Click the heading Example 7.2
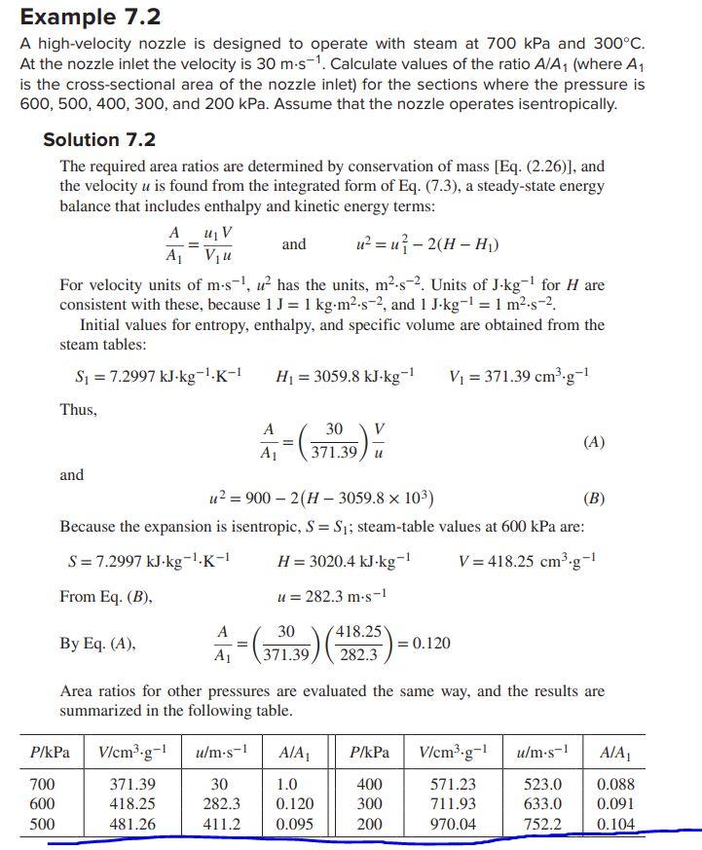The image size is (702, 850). (91, 17)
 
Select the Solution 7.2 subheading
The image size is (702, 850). (98, 140)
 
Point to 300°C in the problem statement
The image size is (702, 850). (618, 44)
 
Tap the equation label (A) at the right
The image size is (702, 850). (593, 441)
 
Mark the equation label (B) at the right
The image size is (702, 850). (593, 499)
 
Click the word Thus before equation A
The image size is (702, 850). (79, 410)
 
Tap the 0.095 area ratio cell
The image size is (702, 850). (295, 825)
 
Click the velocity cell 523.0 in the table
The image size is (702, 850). (542, 784)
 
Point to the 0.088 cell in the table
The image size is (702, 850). (615, 784)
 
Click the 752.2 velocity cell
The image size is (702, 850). (542, 825)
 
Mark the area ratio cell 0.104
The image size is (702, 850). (615, 825)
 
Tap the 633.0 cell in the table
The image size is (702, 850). (542, 804)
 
